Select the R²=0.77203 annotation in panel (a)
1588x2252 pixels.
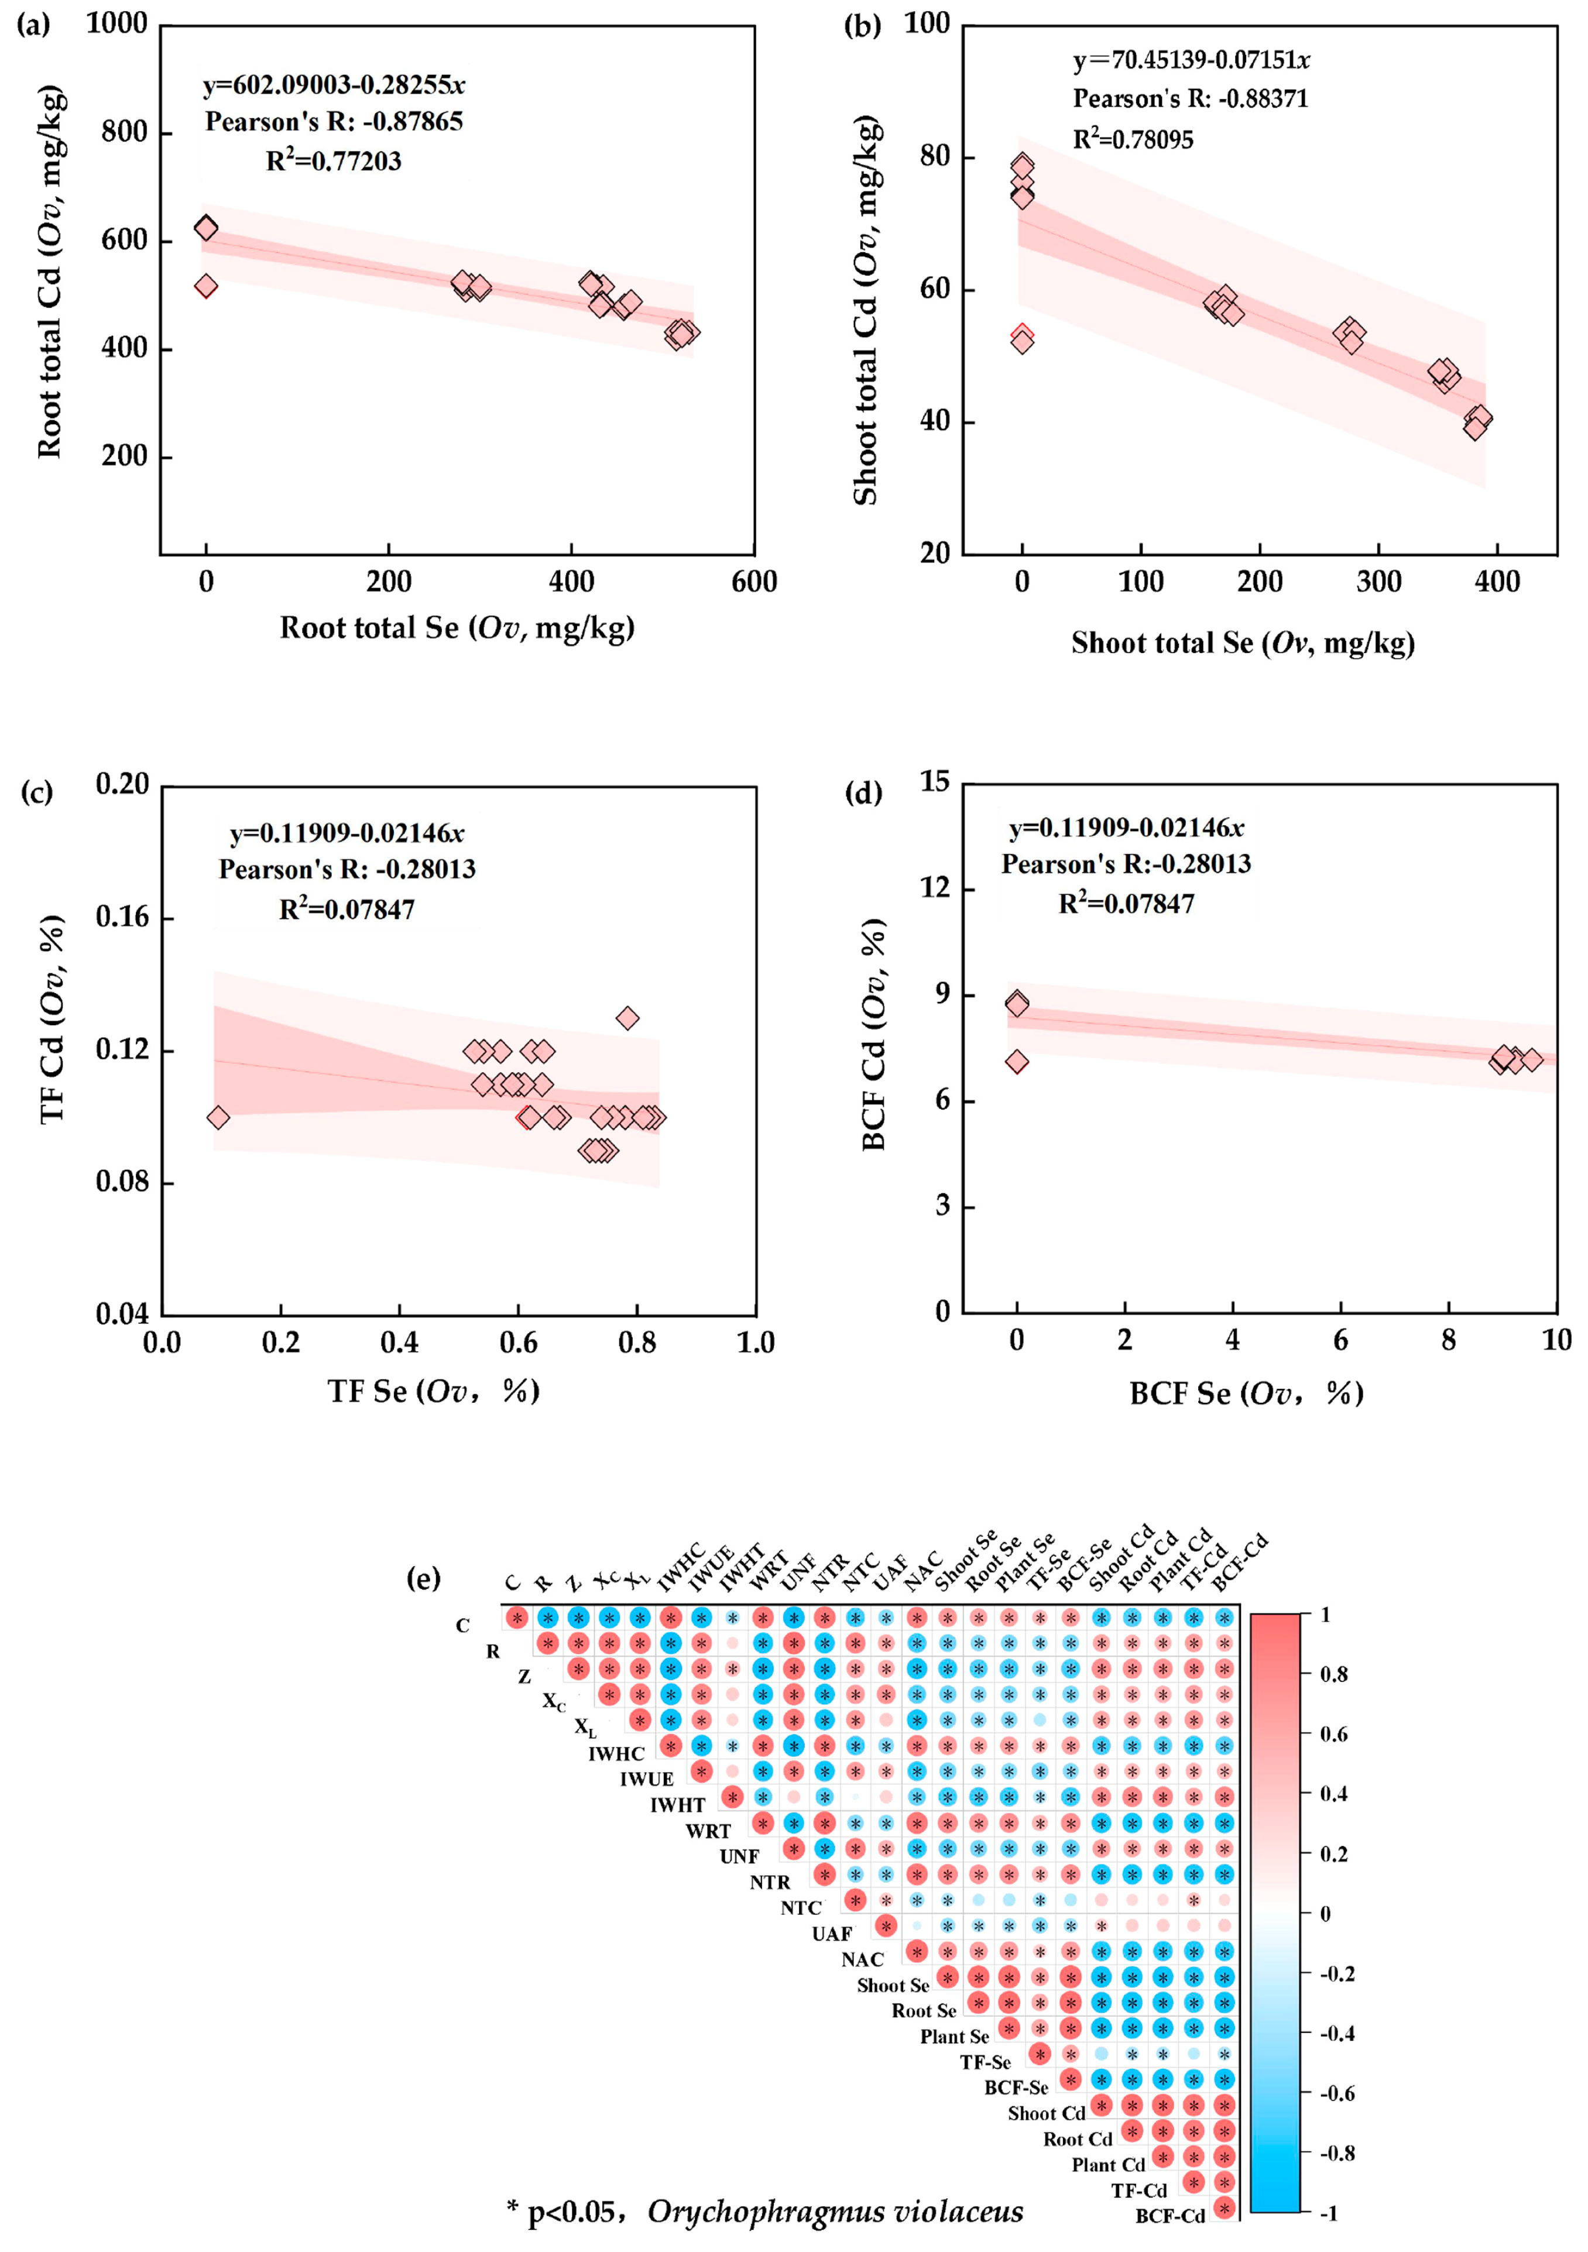click(334, 161)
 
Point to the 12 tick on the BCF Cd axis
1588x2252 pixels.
click(937, 888)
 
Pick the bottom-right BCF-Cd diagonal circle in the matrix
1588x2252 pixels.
click(1224, 2208)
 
